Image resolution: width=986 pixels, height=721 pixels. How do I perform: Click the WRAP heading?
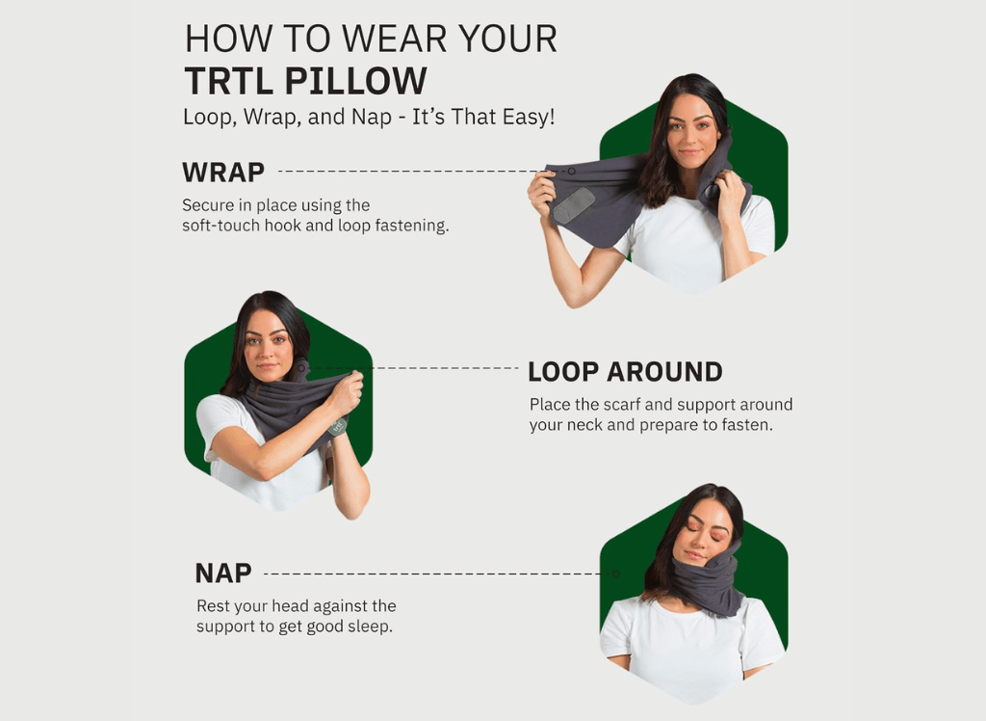223,172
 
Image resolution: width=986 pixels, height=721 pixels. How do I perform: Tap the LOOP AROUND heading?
625,371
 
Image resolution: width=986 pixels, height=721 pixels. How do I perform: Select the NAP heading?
223,573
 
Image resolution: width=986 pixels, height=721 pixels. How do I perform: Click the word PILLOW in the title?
356,81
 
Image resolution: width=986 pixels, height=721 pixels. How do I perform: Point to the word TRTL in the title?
229,81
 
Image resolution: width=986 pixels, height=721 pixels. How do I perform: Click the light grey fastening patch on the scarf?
574,205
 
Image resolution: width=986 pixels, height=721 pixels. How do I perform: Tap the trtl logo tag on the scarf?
338,426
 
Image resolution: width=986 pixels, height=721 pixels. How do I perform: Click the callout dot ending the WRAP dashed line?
572,171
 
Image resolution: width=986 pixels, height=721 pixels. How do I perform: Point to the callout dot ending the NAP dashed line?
616,574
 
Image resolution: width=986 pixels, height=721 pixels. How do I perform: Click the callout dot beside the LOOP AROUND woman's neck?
301,368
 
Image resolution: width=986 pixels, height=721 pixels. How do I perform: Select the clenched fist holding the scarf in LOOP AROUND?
345,392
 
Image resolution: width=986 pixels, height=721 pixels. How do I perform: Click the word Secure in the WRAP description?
204,205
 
